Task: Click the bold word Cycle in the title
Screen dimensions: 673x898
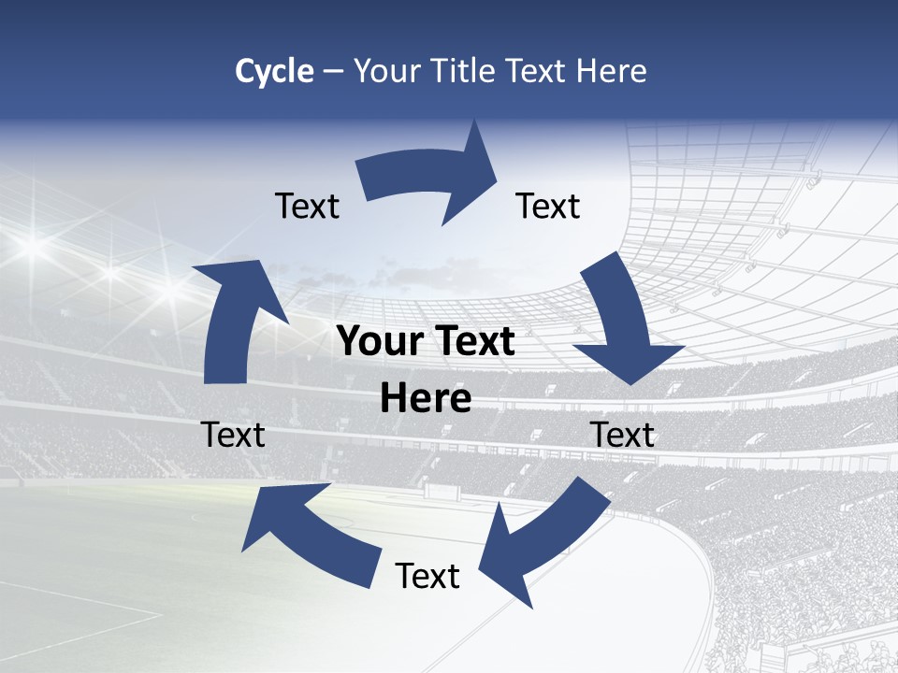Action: (x=274, y=71)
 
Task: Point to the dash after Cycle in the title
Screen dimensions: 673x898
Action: (x=333, y=72)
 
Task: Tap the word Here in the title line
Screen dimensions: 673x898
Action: (x=612, y=71)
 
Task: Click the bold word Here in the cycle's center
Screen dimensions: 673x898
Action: (x=426, y=399)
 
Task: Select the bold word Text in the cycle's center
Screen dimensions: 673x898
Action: (x=474, y=342)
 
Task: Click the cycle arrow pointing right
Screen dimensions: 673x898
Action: (x=430, y=178)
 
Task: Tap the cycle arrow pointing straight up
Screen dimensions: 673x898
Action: (x=234, y=318)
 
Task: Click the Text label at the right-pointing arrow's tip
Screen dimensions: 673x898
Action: (x=548, y=206)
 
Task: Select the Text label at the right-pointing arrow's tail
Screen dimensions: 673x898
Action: (x=307, y=206)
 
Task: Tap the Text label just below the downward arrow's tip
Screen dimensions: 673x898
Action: (x=622, y=435)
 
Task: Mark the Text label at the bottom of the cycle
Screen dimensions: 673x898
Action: (x=427, y=576)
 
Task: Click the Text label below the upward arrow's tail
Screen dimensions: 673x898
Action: (x=233, y=435)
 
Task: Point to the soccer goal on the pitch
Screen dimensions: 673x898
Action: (x=436, y=489)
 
